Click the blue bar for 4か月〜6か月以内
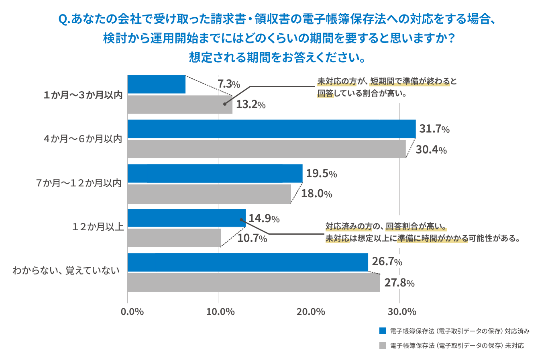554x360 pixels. point(271,129)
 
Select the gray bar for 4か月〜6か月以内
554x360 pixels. point(267,149)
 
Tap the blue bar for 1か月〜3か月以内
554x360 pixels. point(156,84)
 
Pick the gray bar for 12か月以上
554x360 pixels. point(174,238)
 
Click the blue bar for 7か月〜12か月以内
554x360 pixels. point(215,174)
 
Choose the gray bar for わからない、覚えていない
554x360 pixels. point(254,282)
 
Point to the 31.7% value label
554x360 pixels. point(434,129)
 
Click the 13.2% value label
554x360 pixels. point(251,105)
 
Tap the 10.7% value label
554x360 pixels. point(252,238)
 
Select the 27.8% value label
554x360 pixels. point(399,283)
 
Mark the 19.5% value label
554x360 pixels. point(321,174)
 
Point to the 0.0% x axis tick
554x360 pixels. point(132,312)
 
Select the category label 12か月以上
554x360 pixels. point(98,227)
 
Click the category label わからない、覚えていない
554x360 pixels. point(66,271)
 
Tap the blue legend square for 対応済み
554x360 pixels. point(383,331)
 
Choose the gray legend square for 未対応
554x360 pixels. point(383,346)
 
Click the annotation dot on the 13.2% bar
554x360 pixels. point(224,104)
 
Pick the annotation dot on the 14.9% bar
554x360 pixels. point(241,220)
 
